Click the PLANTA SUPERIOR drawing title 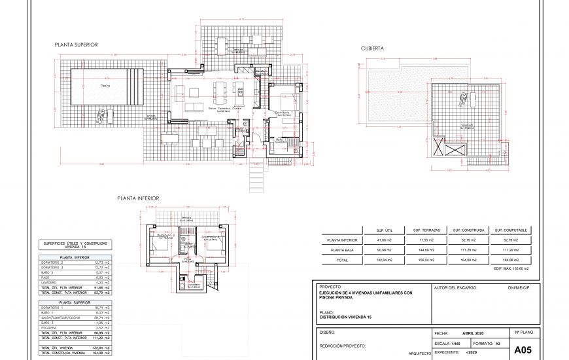click(x=77, y=45)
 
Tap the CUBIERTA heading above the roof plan click(x=372, y=48)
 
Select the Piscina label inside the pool click(x=105, y=85)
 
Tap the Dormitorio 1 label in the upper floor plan click(x=283, y=112)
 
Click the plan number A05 click(x=523, y=350)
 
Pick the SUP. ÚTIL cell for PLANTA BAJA click(x=384, y=250)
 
